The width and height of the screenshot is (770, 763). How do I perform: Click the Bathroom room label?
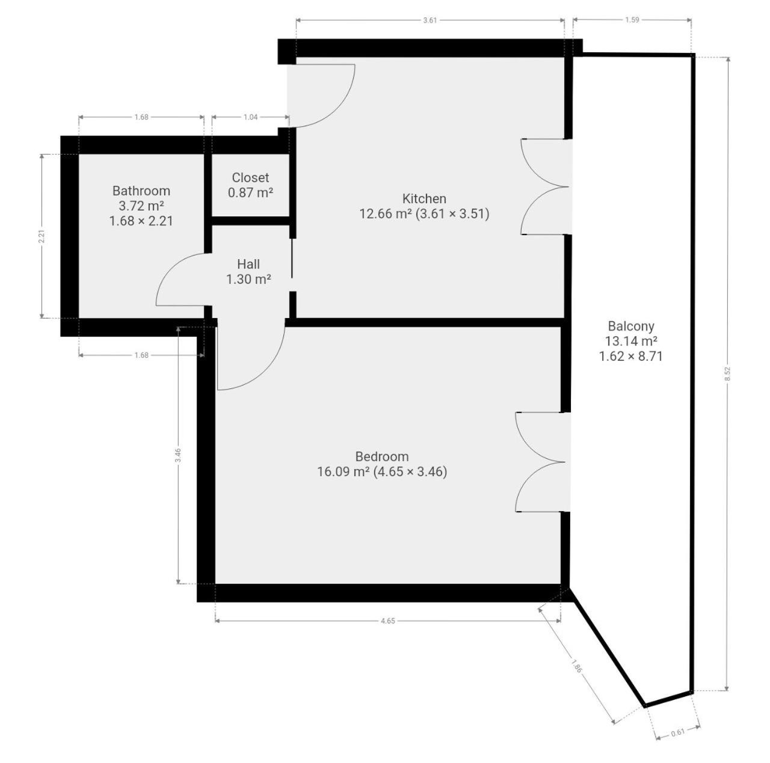pos(141,191)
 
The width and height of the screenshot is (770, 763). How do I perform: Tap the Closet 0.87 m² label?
pos(250,185)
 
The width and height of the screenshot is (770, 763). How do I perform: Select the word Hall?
pos(248,264)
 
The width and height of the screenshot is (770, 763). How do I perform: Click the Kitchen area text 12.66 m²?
pos(386,213)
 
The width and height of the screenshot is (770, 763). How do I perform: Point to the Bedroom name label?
pos(382,456)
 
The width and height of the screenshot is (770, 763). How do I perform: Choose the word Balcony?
pos(631,326)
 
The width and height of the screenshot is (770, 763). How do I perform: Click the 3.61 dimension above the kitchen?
pos(430,20)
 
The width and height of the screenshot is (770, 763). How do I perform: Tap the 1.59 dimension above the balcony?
pos(632,20)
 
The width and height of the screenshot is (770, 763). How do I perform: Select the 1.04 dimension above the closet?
pos(250,117)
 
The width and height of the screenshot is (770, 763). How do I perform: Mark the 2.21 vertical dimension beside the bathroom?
pos(42,236)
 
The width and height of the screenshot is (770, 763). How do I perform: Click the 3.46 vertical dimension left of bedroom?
pos(178,455)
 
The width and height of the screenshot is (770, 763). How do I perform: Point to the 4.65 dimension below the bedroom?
pos(387,621)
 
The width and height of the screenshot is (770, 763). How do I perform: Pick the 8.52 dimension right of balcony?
pos(728,374)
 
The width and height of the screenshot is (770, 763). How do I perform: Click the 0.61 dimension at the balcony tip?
pos(678,732)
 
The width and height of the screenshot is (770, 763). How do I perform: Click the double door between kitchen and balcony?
pos(546,186)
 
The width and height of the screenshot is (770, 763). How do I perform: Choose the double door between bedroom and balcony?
pos(541,462)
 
